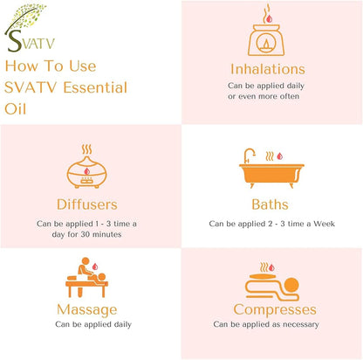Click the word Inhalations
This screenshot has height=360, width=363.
click(x=268, y=69)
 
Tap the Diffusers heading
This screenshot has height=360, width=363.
click(x=87, y=204)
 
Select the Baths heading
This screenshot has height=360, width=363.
click(x=270, y=204)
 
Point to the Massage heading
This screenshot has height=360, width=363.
click(x=87, y=310)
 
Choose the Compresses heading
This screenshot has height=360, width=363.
click(x=275, y=310)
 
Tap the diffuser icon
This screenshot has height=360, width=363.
click(x=86, y=166)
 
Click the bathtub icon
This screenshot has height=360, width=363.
click(x=271, y=169)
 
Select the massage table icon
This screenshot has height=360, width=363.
click(x=86, y=277)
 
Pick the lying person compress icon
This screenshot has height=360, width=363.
click(x=272, y=282)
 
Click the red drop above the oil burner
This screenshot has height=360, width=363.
click(x=270, y=19)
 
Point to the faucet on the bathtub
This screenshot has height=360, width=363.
click(x=249, y=156)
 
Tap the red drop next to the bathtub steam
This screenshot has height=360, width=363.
click(x=279, y=156)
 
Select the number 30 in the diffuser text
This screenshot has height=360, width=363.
click(x=86, y=234)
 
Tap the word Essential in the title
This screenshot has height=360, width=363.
click(x=95, y=87)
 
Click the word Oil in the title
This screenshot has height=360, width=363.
click(x=15, y=109)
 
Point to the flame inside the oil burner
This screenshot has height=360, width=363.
click(x=266, y=44)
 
